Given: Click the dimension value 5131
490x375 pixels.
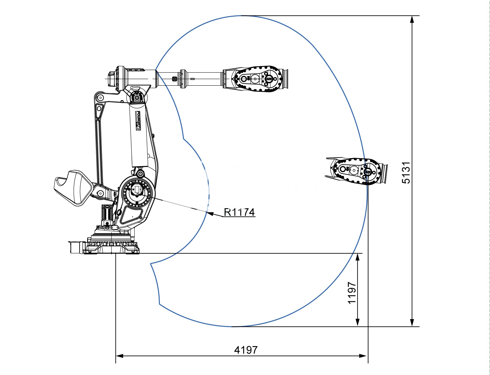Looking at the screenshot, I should pos(406,173).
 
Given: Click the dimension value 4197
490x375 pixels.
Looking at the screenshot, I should pos(246,350).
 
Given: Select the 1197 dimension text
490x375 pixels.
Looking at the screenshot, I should pos(352,293).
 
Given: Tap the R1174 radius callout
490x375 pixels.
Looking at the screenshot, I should pos(239,212).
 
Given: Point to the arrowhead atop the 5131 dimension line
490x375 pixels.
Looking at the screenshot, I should pos(412,19).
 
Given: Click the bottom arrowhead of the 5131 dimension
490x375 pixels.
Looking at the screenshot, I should pos(412,323).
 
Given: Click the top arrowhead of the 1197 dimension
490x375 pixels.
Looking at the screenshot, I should pos(358,257).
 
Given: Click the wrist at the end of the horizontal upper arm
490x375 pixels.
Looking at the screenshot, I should pos(255,79).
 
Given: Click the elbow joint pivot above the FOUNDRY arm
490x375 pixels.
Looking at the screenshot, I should pos(136,97).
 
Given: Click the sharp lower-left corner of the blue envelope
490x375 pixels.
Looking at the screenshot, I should pos(151,264).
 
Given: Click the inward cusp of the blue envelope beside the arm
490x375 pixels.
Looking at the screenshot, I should pos(183,138).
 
